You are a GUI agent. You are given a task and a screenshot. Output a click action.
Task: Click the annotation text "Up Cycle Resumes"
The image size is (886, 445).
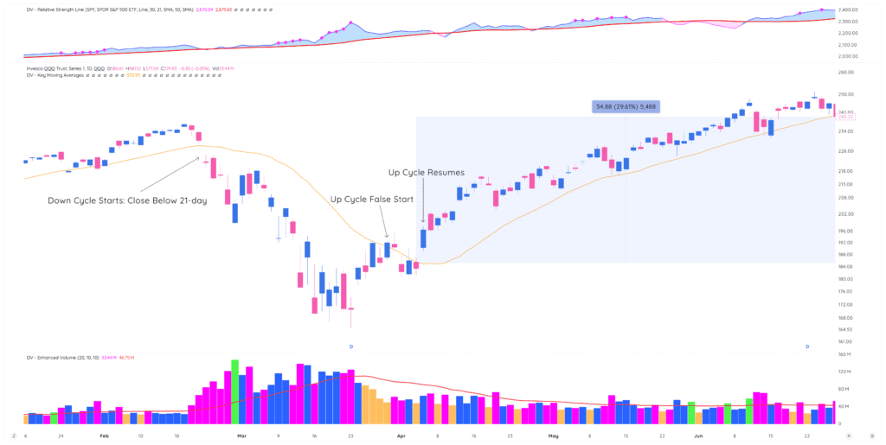427,173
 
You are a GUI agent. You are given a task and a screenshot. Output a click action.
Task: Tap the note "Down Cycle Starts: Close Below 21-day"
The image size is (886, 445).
127,200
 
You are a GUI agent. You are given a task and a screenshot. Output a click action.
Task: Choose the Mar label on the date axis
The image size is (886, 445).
243,436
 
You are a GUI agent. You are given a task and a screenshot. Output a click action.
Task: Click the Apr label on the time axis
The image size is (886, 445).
401,436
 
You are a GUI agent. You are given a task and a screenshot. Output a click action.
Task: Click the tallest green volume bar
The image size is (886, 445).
234,391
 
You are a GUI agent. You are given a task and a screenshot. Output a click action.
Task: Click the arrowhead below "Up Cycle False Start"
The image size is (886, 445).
386,235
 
